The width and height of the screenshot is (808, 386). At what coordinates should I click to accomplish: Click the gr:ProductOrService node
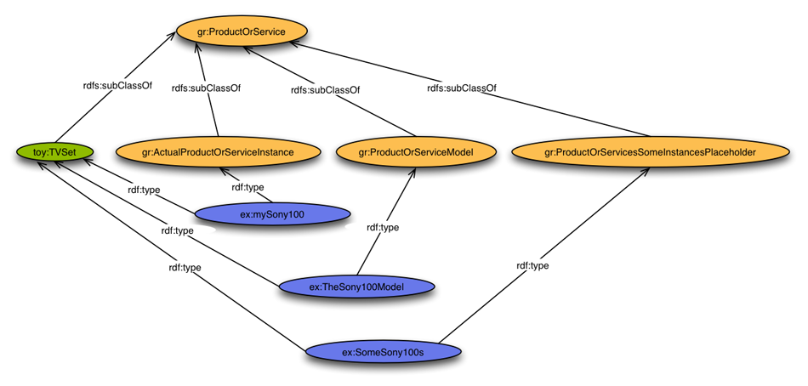(x=241, y=33)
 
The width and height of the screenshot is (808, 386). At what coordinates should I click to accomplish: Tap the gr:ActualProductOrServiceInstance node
(x=218, y=153)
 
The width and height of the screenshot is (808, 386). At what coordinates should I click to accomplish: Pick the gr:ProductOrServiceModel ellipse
(x=415, y=153)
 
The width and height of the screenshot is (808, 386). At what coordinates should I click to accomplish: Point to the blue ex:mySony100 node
(x=272, y=215)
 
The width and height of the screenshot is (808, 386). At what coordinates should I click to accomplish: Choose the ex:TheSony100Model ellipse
(x=356, y=287)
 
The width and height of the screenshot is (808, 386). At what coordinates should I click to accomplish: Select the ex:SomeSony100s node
(x=383, y=351)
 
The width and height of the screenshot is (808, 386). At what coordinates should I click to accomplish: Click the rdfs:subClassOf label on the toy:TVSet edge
(x=117, y=85)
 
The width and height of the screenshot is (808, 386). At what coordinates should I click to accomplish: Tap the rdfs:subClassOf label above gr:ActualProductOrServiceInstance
(x=206, y=88)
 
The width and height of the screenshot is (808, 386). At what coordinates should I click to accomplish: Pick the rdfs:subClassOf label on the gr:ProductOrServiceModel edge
(x=325, y=90)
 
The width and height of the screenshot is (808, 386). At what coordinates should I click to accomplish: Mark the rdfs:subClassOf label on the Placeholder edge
(x=462, y=88)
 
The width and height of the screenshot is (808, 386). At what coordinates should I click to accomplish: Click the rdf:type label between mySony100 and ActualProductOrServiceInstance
(x=248, y=187)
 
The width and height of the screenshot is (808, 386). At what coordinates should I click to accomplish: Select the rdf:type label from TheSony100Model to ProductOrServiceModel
(x=383, y=228)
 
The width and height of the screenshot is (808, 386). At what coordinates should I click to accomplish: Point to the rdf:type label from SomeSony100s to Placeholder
(x=532, y=266)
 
